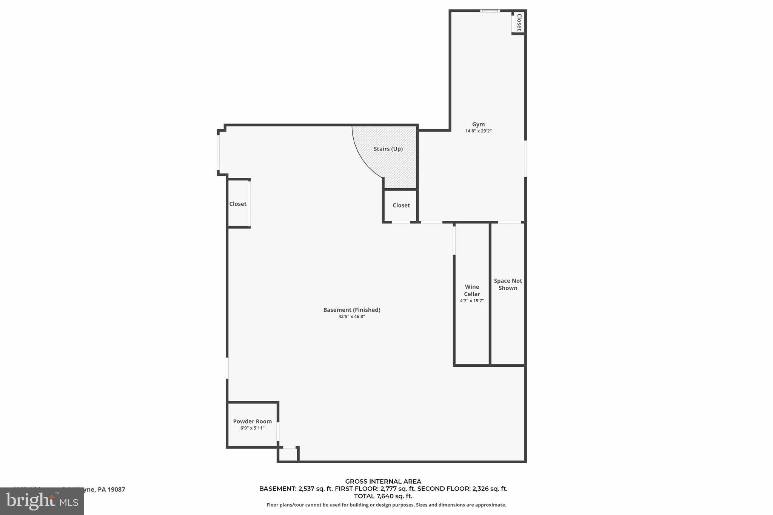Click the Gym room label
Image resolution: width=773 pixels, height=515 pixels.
click(478, 124)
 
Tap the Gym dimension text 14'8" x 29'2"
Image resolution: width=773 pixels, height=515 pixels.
click(478, 131)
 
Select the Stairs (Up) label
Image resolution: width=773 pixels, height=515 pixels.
click(388, 149)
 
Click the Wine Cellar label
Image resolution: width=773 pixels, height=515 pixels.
click(472, 290)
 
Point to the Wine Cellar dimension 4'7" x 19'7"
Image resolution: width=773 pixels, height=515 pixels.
click(472, 301)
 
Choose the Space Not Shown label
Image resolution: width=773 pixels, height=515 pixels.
click(508, 284)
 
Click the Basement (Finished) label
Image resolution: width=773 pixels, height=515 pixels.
click(351, 310)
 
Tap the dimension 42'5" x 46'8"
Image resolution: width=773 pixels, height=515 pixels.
click(351, 317)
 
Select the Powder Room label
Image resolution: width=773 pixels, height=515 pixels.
click(252, 421)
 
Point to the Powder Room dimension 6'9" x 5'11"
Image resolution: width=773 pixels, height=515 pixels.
click(252, 428)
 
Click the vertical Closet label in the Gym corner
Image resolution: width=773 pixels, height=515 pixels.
click(519, 22)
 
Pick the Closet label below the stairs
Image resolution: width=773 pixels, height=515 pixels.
click(401, 205)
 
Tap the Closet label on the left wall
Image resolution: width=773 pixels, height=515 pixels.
click(238, 204)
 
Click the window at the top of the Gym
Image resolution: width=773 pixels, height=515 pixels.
click(490, 11)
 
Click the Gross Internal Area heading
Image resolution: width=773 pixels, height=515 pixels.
click(383, 481)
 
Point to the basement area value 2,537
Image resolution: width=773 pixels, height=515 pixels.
click(306, 489)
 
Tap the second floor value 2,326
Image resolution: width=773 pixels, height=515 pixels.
click(480, 489)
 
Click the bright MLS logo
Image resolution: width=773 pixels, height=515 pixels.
click(42, 501)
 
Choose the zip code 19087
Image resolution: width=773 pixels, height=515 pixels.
click(117, 489)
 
